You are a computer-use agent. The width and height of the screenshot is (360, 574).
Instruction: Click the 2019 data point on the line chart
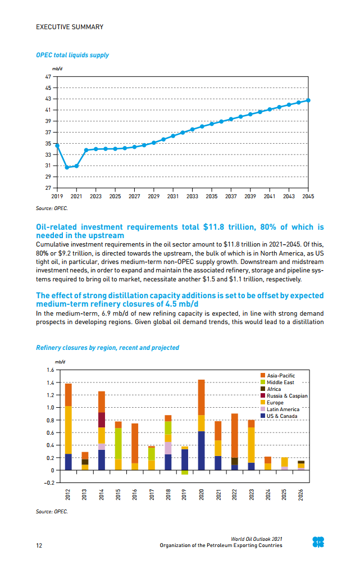click(x=57, y=145)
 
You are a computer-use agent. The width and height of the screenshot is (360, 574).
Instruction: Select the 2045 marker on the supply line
click(x=308, y=101)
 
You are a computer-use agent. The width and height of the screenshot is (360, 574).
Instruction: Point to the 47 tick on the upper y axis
click(x=48, y=76)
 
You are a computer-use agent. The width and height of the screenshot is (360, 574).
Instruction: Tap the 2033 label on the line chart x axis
click(x=192, y=197)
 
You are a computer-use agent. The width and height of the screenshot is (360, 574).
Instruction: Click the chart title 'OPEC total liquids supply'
click(x=72, y=55)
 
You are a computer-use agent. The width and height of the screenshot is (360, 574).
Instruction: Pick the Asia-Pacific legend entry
click(x=281, y=375)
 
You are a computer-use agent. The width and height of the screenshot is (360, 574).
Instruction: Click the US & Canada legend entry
click(x=282, y=416)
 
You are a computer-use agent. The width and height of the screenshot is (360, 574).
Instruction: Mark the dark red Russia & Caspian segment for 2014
click(x=102, y=420)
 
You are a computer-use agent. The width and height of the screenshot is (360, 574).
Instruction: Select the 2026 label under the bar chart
click(x=301, y=494)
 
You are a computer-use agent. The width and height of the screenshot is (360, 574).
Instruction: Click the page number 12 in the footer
click(x=39, y=545)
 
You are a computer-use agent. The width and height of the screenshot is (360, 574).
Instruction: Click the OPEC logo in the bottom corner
click(x=318, y=542)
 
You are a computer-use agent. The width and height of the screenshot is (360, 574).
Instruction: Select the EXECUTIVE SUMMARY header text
click(x=70, y=27)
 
